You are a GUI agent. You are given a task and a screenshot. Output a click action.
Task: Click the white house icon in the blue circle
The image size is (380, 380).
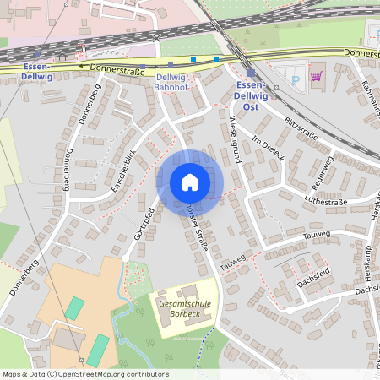point(189,182)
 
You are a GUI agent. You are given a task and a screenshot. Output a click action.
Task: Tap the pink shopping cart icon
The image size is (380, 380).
point(317,76)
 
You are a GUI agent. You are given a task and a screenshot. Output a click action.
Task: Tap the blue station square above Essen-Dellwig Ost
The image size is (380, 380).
point(251,73)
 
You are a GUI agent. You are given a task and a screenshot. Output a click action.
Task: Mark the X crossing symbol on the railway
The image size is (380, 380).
point(156,38)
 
